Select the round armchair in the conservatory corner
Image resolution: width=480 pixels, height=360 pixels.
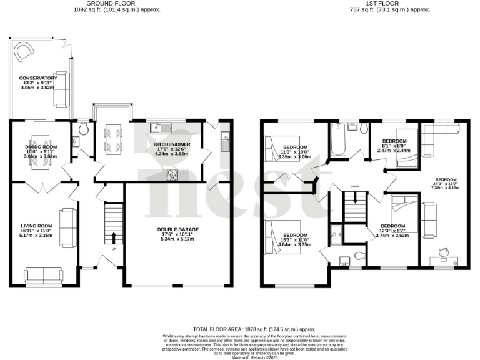click(x=22, y=49)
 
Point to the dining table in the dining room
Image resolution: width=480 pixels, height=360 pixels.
click(x=39, y=151)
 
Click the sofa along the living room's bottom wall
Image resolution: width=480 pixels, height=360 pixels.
click(x=43, y=274)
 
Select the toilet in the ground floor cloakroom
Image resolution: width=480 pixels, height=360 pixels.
click(x=84, y=130)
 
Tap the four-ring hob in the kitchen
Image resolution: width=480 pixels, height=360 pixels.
click(x=172, y=174)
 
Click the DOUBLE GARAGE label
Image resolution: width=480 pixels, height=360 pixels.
click(x=177, y=229)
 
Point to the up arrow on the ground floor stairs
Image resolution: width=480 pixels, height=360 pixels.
click(x=114, y=237)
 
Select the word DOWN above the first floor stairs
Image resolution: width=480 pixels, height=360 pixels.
click(x=355, y=186)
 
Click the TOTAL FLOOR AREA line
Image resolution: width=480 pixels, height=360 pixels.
click(x=254, y=329)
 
